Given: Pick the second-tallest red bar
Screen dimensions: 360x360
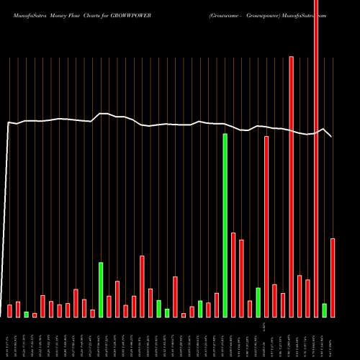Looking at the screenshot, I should pyautogui.click(x=291, y=186).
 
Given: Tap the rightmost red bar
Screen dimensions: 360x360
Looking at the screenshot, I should pyautogui.click(x=333, y=277).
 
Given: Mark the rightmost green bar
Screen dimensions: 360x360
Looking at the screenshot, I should pyautogui.click(x=324, y=310).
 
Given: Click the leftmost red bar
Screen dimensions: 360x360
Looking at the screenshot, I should pyautogui.click(x=10, y=311).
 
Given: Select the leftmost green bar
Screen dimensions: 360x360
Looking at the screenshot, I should pyautogui.click(x=27, y=314).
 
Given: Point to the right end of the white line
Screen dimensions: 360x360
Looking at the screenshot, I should pyautogui.click(x=332, y=137).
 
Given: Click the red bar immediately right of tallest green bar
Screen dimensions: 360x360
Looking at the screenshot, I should pyautogui.click(x=233, y=274).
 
